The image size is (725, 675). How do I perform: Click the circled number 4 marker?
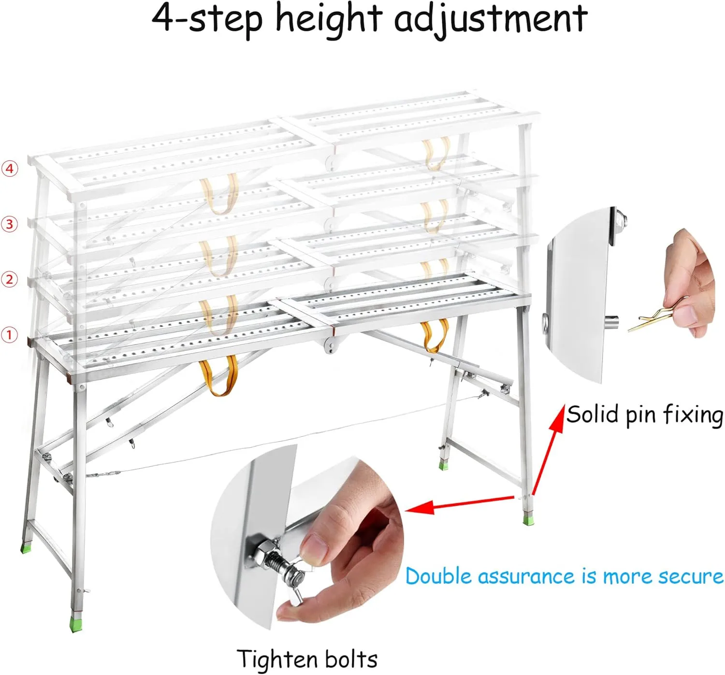(x=10, y=169)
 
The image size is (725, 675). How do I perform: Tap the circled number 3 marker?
(x=10, y=224)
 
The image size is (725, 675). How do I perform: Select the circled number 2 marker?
(x=10, y=279)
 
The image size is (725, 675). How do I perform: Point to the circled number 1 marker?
(x=10, y=335)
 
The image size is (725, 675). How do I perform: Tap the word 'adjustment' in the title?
(x=491, y=19)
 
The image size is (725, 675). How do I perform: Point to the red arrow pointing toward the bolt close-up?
(x=459, y=503)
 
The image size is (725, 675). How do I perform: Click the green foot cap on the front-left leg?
(x=75, y=625)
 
